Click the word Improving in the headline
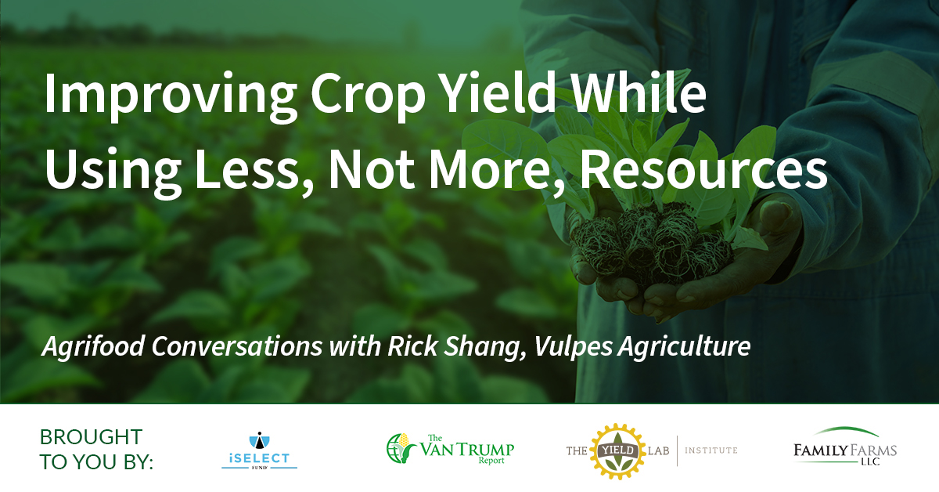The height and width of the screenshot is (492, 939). [171, 96]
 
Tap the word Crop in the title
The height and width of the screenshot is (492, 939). [368, 96]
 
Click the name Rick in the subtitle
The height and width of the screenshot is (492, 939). [413, 346]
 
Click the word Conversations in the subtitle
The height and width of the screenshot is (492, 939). [237, 346]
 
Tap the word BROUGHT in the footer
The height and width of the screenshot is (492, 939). [91, 437]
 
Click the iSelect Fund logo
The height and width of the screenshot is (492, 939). [259, 450]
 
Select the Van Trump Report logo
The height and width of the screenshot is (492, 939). [450, 449]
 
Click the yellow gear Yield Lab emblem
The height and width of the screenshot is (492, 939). [617, 451]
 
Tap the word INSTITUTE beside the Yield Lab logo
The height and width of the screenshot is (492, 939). [711, 450]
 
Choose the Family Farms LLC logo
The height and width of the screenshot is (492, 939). [844, 447]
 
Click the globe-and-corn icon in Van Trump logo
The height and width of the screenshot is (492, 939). [401, 448]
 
